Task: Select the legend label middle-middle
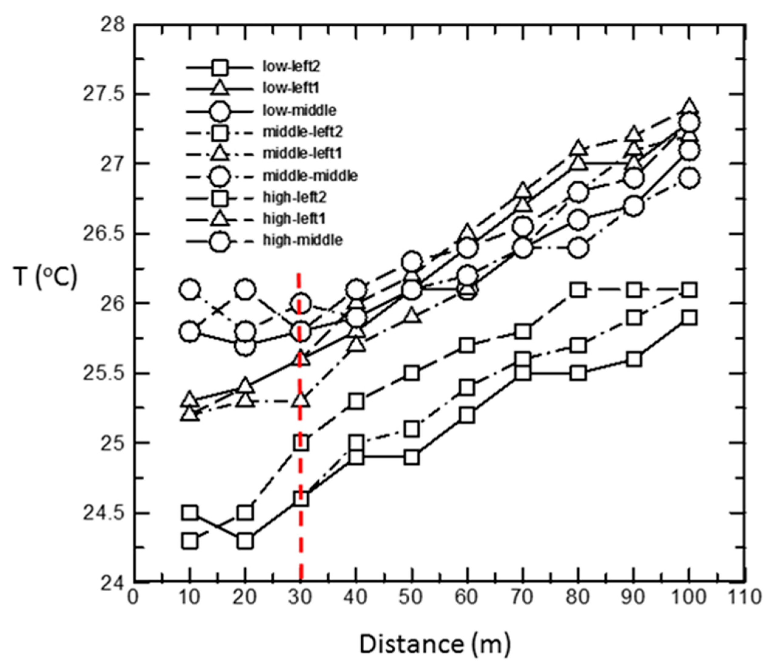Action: pos(310,176)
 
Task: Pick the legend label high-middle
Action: pos(303,240)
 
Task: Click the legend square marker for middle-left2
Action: pos(220,132)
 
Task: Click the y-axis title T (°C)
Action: pos(46,277)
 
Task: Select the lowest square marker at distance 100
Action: pos(689,318)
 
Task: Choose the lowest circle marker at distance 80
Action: pos(578,247)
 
